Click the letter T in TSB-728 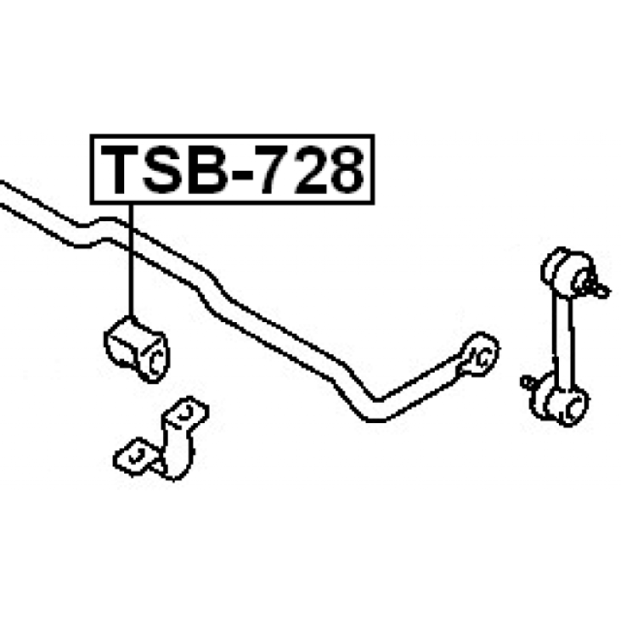pos(120,169)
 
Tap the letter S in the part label pos(164,169)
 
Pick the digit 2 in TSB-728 pos(311,169)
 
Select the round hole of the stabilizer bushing pos(156,362)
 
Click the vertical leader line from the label pos(130,260)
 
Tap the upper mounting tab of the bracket pos(186,413)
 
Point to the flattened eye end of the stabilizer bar pos(478,355)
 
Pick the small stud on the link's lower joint pos(529,382)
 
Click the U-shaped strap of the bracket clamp pos(178,452)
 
